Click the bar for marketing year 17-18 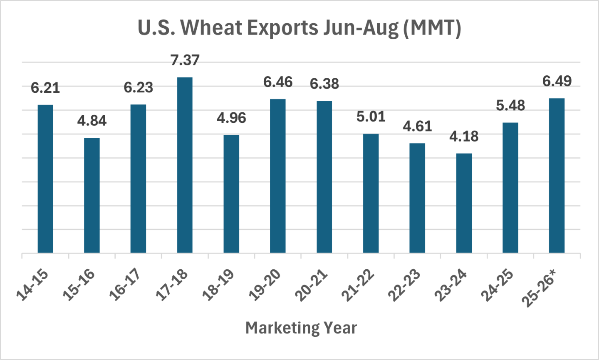[x=185, y=165]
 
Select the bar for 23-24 [x=464, y=203]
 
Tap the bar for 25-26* [x=557, y=176]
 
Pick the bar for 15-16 [x=92, y=195]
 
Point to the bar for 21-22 [x=371, y=193]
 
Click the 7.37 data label [x=185, y=60]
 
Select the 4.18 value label [x=464, y=137]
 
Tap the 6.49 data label [x=557, y=81]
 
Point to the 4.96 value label [x=231, y=118]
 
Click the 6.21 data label [x=45, y=88]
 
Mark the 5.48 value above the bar [x=510, y=106]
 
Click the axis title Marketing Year [x=301, y=328]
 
